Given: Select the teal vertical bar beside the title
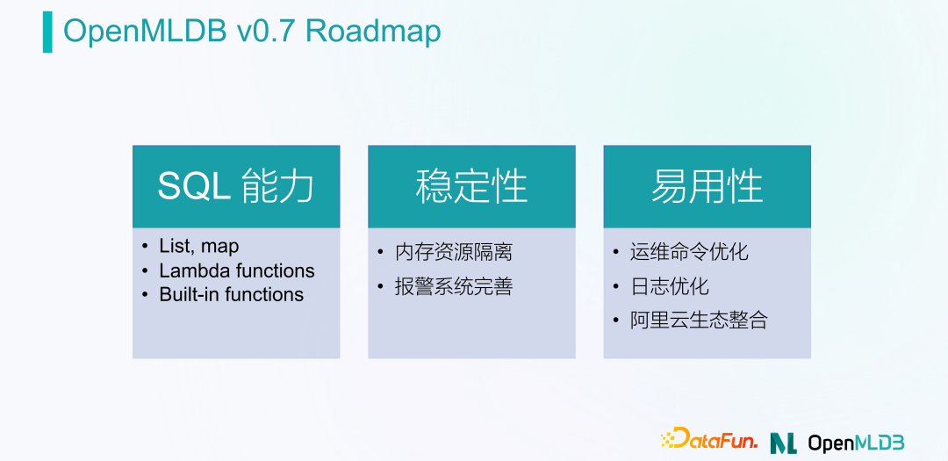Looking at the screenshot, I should (47, 32).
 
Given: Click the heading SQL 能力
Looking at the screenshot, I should (235, 187).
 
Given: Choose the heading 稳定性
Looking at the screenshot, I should (471, 187).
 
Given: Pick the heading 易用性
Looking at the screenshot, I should (707, 187).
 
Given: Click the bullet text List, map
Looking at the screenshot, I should (198, 247).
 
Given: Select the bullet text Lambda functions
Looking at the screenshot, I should (236, 270).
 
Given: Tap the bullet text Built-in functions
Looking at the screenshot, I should (231, 295).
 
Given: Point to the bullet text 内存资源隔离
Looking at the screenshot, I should (453, 252).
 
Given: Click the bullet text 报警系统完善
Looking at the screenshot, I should (453, 286).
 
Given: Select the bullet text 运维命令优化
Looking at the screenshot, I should (689, 252).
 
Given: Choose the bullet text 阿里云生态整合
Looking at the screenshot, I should (699, 321).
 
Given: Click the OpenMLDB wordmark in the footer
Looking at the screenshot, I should (856, 442).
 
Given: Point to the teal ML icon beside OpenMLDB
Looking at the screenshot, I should (783, 442).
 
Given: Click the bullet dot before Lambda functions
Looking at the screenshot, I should (145, 270).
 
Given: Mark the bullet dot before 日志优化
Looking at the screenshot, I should (617, 286).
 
